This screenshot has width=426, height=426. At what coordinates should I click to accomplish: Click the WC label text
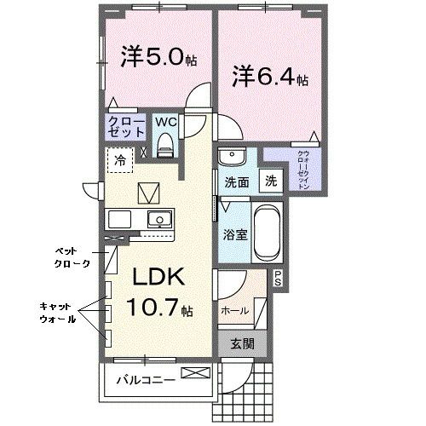[166, 122]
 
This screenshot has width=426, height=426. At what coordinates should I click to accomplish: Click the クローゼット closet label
[124, 128]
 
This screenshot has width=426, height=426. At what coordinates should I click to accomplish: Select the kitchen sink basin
[158, 220]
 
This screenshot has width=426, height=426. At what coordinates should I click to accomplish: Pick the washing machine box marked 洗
[270, 181]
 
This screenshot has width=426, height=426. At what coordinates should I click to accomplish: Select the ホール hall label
[234, 310]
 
